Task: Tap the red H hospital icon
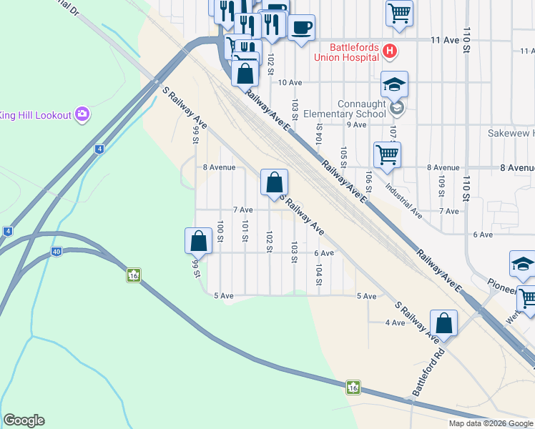pos(389,51)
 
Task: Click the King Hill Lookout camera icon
pos(82,114)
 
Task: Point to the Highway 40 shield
pos(56,251)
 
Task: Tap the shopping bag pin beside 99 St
pos(199,241)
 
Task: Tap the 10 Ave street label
pos(290,83)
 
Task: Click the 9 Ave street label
pos(356,124)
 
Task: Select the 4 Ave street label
pos(395,323)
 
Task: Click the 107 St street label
pos(393,132)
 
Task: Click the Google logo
pos(24,420)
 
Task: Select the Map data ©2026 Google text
pos(491,423)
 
